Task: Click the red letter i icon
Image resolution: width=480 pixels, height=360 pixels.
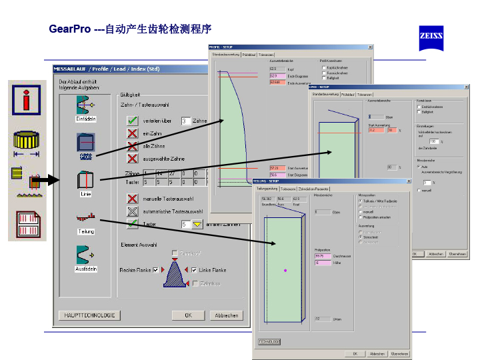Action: [27, 100]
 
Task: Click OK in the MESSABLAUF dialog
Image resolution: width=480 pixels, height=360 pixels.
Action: [188, 315]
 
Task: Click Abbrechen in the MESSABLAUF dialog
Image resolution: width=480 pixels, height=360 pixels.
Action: [226, 315]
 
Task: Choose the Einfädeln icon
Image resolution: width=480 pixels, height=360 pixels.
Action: [86, 105]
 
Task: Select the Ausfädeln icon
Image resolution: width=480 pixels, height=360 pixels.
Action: [86, 256]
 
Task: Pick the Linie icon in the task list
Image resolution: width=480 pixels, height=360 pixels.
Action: [86, 181]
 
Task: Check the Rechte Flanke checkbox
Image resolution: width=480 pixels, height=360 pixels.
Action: [155, 270]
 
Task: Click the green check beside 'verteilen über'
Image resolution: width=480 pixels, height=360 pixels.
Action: [133, 121]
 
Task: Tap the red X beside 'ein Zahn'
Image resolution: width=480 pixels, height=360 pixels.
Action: [133, 134]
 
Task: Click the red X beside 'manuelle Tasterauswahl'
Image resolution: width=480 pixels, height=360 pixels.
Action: [133, 199]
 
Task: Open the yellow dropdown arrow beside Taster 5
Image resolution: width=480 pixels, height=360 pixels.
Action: [197, 225]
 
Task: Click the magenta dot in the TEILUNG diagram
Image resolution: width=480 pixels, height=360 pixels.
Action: [285, 270]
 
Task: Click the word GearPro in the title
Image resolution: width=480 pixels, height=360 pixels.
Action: [70, 29]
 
